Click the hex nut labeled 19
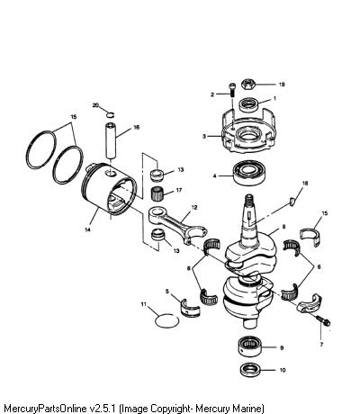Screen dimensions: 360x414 pyautogui.click(x=248, y=85)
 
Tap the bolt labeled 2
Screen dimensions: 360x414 pyautogui.click(x=232, y=89)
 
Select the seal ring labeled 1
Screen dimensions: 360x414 pyautogui.click(x=248, y=104)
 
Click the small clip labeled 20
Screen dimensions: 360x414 pyautogui.click(x=111, y=114)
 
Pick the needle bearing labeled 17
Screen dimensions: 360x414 pyautogui.click(x=157, y=193)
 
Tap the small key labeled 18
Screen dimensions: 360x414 pyautogui.click(x=292, y=202)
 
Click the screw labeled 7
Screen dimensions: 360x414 pyautogui.click(x=323, y=321)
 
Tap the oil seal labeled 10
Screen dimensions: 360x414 pyautogui.click(x=251, y=370)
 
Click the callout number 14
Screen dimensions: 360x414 pyautogui.click(x=87, y=229)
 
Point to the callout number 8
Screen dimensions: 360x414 pyautogui.click(x=283, y=227)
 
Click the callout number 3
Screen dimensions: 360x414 pyautogui.click(x=204, y=136)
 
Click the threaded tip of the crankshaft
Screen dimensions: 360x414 pyautogui.click(x=249, y=199)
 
